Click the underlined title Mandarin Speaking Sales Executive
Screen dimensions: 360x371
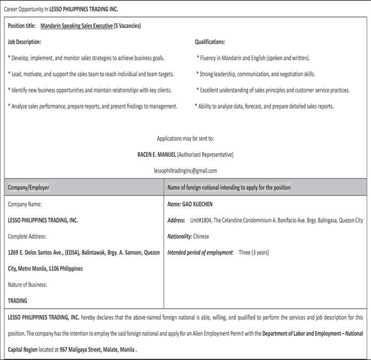76,26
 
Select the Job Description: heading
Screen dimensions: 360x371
24,42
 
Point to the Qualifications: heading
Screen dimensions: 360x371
210,42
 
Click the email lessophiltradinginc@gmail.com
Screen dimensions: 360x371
185,171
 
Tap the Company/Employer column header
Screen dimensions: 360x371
29,188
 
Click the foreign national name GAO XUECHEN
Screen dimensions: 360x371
198,204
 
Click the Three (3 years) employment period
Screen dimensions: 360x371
253,252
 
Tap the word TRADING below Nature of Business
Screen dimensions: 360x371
18,300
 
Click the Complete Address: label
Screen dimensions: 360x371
27,236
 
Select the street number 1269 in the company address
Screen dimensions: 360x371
13,252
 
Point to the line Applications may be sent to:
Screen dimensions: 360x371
185,138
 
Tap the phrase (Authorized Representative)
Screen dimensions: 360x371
205,154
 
